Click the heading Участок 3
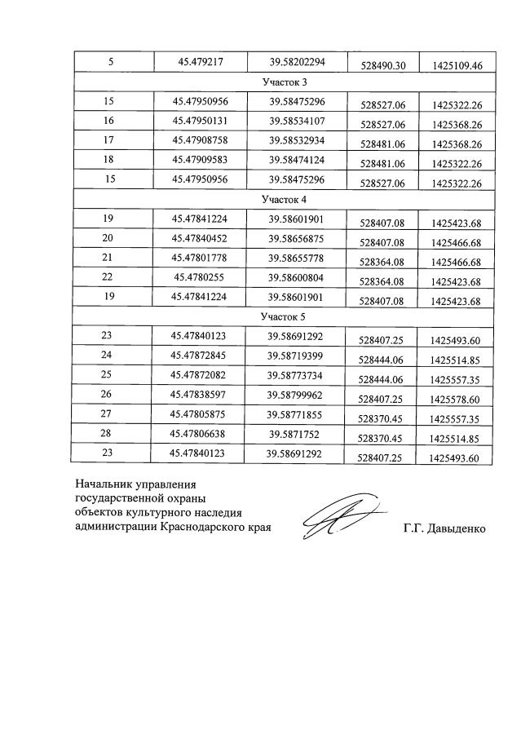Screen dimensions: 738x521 point(284,82)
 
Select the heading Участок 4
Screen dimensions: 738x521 point(284,199)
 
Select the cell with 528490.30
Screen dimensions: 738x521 point(382,65)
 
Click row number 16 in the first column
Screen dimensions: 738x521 point(109,121)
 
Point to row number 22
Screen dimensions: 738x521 point(109,277)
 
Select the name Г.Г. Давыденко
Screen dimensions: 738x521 point(444,529)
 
